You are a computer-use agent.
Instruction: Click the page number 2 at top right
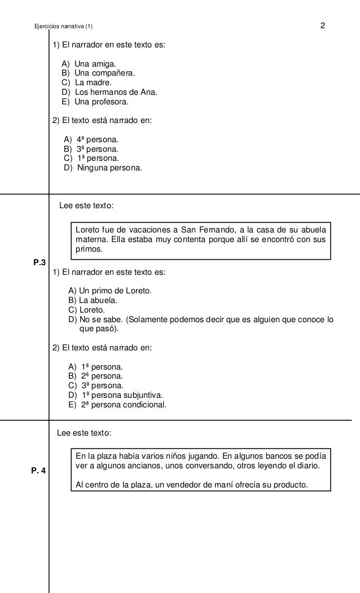322,26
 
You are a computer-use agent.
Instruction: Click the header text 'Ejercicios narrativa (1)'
65,27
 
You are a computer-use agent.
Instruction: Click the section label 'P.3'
39,262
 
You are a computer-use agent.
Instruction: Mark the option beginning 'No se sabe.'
200,320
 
